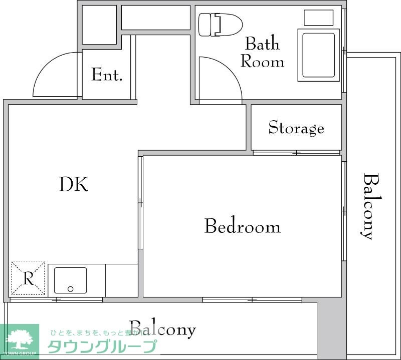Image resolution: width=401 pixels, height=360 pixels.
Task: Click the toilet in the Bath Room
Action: point(220,25)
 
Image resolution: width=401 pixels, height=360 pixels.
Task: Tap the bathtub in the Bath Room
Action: point(319,55)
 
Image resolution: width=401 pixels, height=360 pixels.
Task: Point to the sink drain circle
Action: point(70,289)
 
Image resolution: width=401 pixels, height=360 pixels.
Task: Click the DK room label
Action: point(74,185)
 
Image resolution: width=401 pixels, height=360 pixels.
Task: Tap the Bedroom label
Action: point(242,227)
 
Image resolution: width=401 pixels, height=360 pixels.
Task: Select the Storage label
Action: point(296,128)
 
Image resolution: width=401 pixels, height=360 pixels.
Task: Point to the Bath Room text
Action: point(262,53)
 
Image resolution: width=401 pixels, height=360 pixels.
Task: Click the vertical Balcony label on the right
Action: point(369,206)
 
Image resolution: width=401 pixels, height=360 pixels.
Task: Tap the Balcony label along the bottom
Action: point(162,329)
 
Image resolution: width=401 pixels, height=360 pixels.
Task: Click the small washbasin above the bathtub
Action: point(319,18)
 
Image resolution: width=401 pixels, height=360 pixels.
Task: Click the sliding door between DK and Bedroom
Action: point(141,202)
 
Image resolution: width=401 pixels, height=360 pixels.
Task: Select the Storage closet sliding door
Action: point(296,152)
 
